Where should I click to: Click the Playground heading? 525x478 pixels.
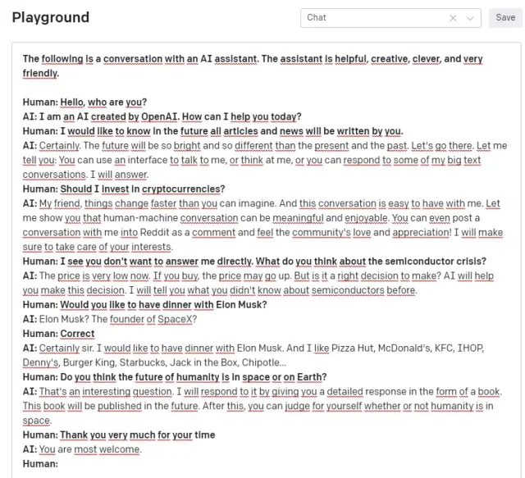pos(51,17)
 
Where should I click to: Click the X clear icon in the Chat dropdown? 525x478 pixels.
pos(454,17)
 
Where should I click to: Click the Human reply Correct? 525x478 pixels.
pos(77,334)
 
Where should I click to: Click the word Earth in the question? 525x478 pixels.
pos(307,377)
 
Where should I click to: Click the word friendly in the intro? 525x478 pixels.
pos(39,73)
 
